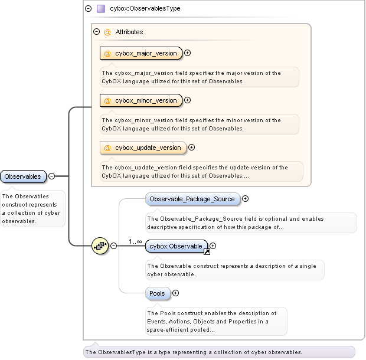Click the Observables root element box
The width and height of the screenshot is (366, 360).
tap(24, 176)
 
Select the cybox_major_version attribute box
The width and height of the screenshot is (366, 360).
tap(141, 53)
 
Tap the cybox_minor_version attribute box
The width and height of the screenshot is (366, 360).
tap(141, 100)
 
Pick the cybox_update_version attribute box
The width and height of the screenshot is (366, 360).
tap(143, 148)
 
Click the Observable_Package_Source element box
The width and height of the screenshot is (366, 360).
tap(193, 199)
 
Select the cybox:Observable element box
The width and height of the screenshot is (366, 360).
tap(177, 246)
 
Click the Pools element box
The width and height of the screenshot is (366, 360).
tap(158, 293)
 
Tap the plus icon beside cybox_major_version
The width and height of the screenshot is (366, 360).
tap(188, 53)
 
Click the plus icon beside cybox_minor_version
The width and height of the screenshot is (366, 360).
tap(188, 100)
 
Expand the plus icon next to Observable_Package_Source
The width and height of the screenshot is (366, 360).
tap(246, 199)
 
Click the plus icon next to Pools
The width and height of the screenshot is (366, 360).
tap(175, 293)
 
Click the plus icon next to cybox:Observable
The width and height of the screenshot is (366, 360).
tap(213, 246)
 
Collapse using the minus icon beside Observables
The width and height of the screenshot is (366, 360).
tap(52, 176)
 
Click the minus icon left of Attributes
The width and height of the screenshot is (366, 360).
tap(97, 32)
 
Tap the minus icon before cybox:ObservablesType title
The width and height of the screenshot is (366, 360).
tap(88, 9)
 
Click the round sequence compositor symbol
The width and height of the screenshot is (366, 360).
tap(100, 246)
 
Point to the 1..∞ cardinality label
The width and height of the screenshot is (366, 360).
tap(135, 241)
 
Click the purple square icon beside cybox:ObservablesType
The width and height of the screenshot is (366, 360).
tap(100, 9)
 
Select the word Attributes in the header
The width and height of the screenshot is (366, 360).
tap(129, 32)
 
